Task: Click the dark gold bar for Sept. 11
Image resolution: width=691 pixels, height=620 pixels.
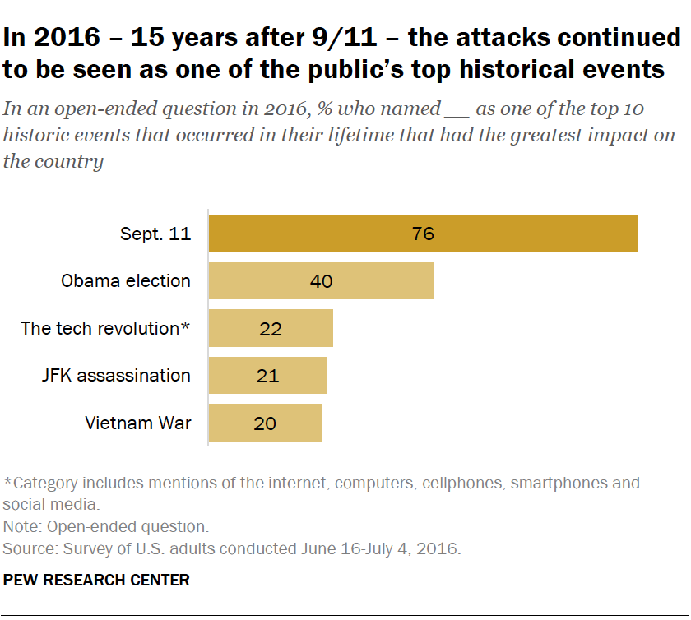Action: click(x=423, y=233)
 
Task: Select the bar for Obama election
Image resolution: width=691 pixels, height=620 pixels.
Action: click(x=321, y=280)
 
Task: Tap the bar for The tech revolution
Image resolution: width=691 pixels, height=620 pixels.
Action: click(x=271, y=328)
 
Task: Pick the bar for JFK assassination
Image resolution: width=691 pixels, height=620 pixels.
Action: click(x=267, y=376)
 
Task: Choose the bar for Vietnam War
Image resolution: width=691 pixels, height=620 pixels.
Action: click(x=265, y=423)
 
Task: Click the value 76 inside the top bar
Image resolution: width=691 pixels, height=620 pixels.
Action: click(x=423, y=234)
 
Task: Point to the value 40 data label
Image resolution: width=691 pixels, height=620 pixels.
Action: click(x=321, y=281)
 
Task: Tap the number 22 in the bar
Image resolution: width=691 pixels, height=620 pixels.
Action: click(x=270, y=329)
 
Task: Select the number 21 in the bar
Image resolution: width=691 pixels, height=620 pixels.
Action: click(x=267, y=377)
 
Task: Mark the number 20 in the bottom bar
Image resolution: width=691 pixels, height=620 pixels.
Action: click(x=265, y=424)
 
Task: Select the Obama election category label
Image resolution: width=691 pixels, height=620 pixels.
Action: click(x=126, y=281)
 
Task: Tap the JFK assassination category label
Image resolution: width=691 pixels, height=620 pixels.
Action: click(x=116, y=376)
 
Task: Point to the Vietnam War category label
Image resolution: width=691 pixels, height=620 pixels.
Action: click(x=138, y=423)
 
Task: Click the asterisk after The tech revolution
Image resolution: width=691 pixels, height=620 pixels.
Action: click(x=186, y=326)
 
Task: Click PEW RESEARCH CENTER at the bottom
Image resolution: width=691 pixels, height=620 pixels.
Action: click(x=96, y=580)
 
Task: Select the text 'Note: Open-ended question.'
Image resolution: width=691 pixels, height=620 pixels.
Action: click(x=106, y=525)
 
